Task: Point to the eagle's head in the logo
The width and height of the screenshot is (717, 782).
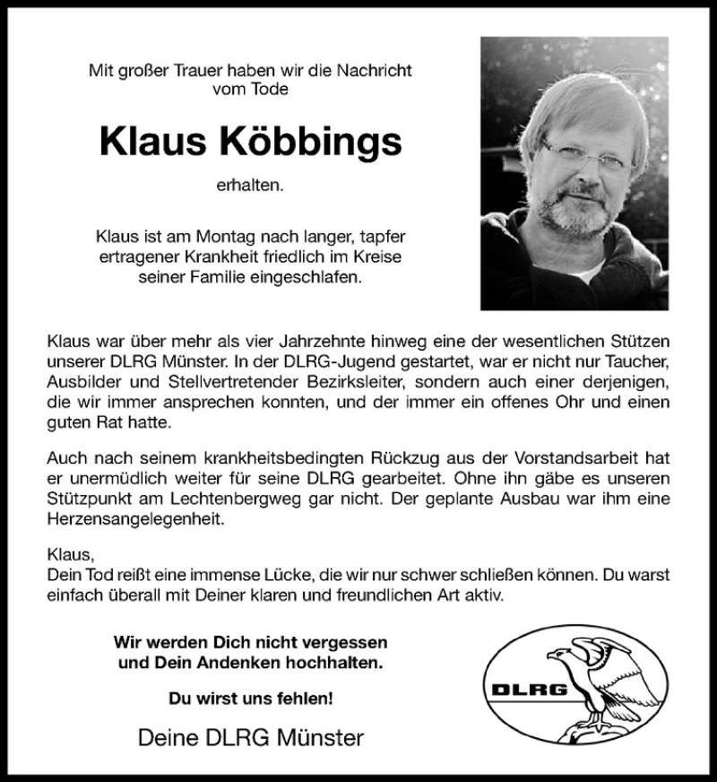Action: point(563,653)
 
